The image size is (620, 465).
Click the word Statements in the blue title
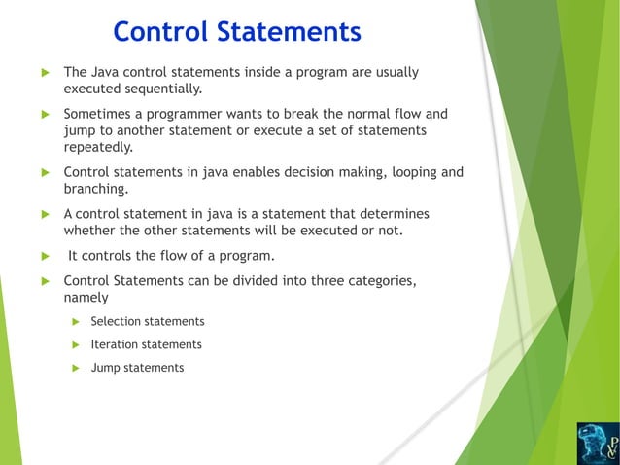pyautogui.click(x=294, y=32)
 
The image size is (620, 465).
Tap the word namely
pyautogui.click(x=86, y=298)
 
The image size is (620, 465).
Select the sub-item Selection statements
pyautogui.click(x=147, y=321)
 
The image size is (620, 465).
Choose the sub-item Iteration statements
pyautogui.click(x=146, y=344)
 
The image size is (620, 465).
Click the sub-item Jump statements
pyautogui.click(x=137, y=368)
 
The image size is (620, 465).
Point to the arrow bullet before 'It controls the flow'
pyautogui.click(x=44, y=257)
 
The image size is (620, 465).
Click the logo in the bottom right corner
pyautogui.click(x=596, y=443)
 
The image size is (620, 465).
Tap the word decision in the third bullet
pyautogui.click(x=310, y=172)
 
